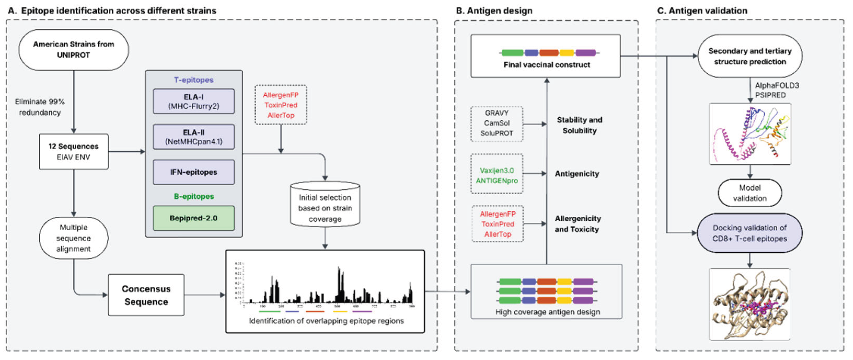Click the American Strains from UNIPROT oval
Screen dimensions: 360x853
coord(73,50)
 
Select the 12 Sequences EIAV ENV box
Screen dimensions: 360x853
coord(73,151)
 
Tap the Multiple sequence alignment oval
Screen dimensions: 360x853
coord(73,238)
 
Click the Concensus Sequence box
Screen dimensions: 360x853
coord(146,295)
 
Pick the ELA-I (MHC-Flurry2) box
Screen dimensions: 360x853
coord(194,101)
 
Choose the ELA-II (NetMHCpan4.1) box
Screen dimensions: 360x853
coord(194,137)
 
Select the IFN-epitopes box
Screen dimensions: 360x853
coord(194,172)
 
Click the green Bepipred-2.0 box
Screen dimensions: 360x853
coord(194,218)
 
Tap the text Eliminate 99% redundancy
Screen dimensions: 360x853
coord(40,107)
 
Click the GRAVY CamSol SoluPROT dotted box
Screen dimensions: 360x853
coord(497,124)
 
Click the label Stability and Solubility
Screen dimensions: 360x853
coord(579,125)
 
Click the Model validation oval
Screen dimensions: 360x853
coord(750,193)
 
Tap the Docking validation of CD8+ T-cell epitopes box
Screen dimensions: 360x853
coord(750,233)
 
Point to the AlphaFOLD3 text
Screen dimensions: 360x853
coord(777,85)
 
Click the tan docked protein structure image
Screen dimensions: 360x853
coord(750,304)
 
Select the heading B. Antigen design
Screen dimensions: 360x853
coord(494,11)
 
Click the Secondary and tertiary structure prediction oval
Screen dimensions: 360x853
coord(750,56)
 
